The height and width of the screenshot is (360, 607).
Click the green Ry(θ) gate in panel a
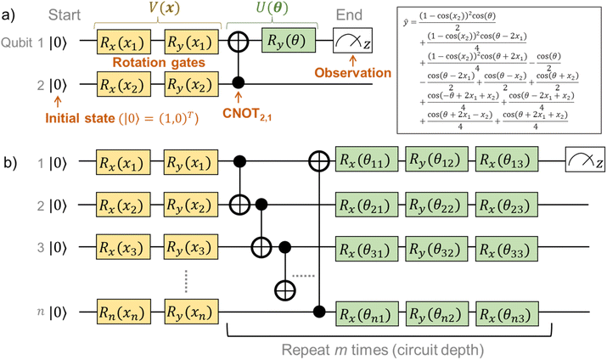289,40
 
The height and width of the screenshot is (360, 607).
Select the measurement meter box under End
357,40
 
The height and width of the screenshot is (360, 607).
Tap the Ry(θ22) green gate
436,205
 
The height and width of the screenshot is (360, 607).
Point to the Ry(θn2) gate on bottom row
436,311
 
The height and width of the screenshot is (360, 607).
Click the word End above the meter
351,14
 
